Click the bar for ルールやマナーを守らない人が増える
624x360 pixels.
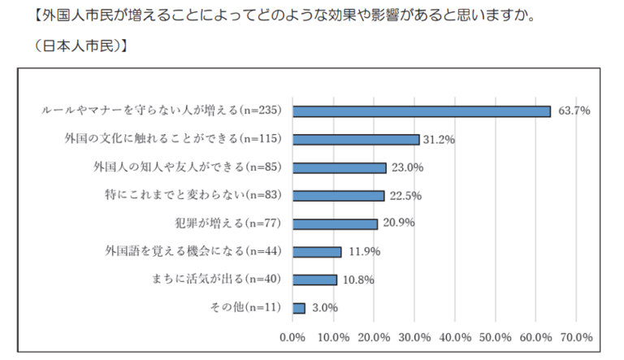(421, 111)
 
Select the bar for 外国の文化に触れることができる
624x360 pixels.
(355, 140)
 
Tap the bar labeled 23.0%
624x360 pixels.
(339, 167)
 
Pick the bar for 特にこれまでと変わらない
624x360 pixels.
(338, 196)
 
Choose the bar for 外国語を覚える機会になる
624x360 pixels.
(317, 252)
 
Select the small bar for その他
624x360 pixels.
(298, 308)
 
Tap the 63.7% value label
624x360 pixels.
(574, 111)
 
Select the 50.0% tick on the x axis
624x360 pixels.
(496, 336)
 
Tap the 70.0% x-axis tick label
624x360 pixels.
(577, 336)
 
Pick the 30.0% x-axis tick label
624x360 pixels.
(414, 336)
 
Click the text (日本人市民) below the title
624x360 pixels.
(79, 46)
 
